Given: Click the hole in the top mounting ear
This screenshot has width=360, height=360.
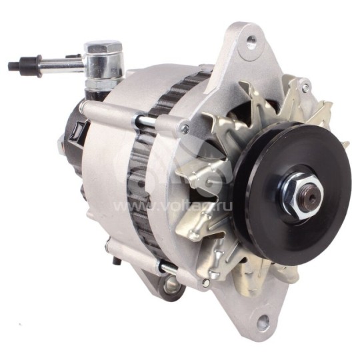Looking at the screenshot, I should [x=251, y=42].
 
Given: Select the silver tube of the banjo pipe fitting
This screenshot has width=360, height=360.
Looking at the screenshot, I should [x=60, y=64].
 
